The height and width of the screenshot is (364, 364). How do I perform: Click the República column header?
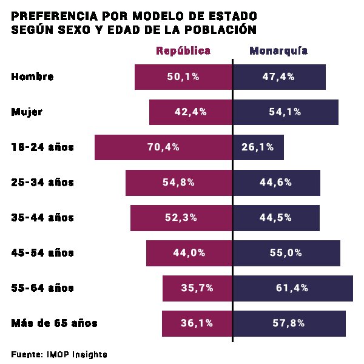tap(183, 51)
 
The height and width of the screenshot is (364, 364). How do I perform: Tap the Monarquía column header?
tap(278, 51)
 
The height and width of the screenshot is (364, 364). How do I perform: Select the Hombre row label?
tap(33, 77)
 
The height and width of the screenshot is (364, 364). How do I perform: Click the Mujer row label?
tap(27, 112)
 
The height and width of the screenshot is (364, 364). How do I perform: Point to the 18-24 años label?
tap(42, 147)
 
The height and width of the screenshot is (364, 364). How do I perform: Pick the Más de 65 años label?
tap(54, 323)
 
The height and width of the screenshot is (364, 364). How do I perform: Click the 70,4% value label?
tap(163, 147)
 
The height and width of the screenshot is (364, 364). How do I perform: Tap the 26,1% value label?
tap(258, 147)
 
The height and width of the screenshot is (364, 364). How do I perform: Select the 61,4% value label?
tap(292, 288)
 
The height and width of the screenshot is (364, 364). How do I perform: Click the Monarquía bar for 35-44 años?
tap(303, 218)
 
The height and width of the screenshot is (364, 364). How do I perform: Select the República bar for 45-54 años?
tap(158, 253)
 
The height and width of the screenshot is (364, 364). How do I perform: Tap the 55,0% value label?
tap(286, 253)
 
